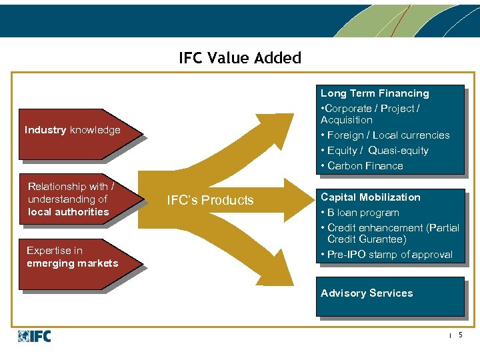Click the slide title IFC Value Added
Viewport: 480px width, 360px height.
240,58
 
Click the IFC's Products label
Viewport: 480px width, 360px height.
210,201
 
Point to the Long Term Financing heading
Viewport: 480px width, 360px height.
375,93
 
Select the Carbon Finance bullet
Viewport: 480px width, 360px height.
365,166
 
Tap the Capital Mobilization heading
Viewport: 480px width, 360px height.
371,197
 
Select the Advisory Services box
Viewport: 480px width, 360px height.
389,294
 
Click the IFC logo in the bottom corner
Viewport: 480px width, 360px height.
35,336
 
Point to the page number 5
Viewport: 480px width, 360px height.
460,335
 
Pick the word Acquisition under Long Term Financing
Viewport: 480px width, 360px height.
347,120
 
